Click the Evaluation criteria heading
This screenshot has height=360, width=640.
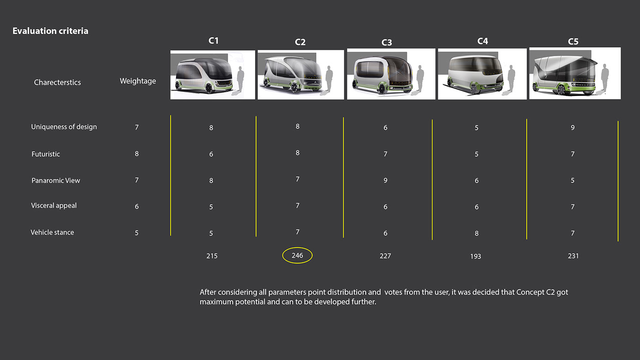click(x=50, y=31)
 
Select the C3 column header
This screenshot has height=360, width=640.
click(x=387, y=42)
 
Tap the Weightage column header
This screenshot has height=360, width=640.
click(x=138, y=81)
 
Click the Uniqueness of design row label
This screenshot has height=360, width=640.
click(x=64, y=127)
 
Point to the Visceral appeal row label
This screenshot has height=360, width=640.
click(x=54, y=206)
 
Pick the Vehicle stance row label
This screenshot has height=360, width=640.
click(x=52, y=233)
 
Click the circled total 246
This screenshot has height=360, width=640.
click(x=297, y=255)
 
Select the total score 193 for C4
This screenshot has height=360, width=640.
click(x=476, y=256)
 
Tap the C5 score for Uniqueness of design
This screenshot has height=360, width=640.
click(x=572, y=127)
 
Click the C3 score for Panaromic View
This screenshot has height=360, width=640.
click(x=385, y=180)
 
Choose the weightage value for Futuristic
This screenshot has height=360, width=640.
click(x=137, y=154)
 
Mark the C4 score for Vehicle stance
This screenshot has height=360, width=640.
click(x=476, y=233)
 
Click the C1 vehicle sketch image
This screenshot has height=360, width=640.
click(x=213, y=75)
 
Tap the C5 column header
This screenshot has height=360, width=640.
click(x=573, y=42)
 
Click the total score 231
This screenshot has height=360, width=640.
click(x=573, y=256)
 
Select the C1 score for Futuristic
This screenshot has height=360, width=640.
click(x=211, y=154)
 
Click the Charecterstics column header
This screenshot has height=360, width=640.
click(x=58, y=83)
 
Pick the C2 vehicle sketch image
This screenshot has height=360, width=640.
click(x=301, y=75)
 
